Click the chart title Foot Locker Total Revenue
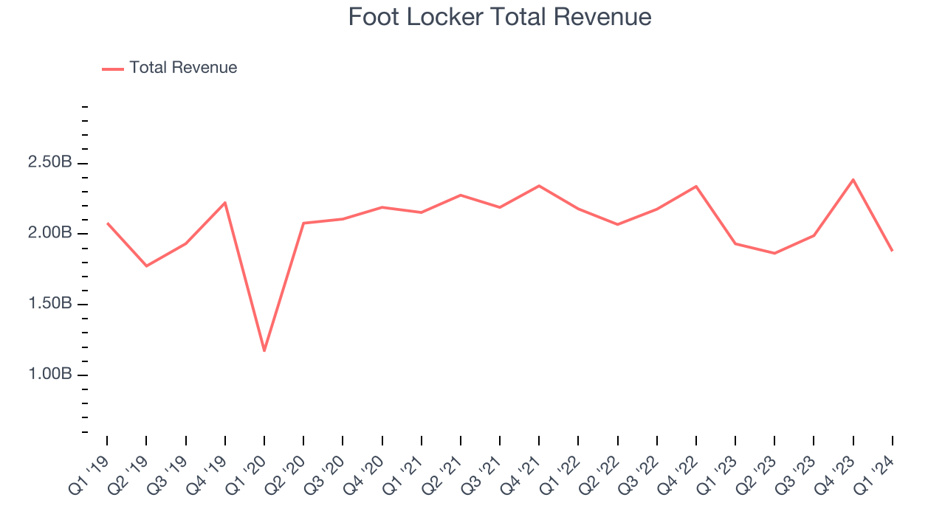point(500,16)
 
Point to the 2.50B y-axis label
point(49,163)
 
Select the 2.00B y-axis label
point(49,234)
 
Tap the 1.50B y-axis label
point(49,304)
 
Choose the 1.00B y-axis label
point(49,375)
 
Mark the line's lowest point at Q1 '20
point(264,350)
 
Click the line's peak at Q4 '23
point(853,179)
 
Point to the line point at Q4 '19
point(224,202)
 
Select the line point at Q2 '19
point(146,265)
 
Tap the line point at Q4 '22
point(695,186)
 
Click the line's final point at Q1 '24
point(892,251)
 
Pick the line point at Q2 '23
point(774,253)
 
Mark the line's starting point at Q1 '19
point(107,223)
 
